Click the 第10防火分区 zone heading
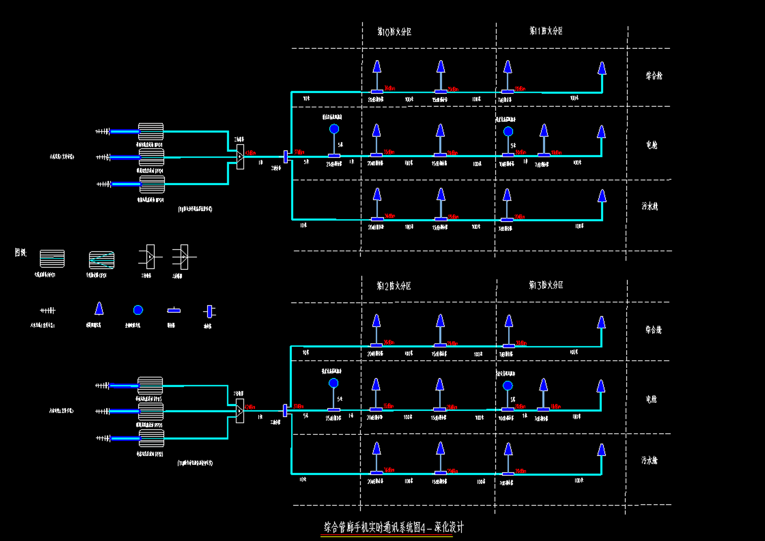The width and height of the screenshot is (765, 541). [x=394, y=32]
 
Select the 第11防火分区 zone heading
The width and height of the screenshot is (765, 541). [x=546, y=31]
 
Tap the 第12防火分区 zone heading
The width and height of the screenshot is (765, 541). [x=394, y=286]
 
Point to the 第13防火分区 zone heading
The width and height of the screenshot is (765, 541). [x=546, y=285]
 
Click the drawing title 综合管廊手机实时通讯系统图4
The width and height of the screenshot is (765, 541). [x=394, y=527]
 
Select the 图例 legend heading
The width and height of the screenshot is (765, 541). [x=20, y=252]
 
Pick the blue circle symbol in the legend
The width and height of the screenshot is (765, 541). [x=138, y=310]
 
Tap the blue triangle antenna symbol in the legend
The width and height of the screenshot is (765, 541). [x=99, y=309]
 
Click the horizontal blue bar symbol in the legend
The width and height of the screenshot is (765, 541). [x=174, y=310]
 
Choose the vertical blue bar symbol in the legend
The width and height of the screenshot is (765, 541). [x=209, y=311]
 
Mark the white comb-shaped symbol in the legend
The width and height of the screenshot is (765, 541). [x=47, y=310]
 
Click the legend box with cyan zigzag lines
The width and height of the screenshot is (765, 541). [x=102, y=260]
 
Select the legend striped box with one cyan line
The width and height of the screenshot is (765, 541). [x=52, y=258]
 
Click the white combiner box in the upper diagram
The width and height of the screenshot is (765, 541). [x=240, y=157]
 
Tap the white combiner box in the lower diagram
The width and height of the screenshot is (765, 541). [x=240, y=411]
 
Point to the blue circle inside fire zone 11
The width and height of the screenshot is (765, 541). [x=508, y=132]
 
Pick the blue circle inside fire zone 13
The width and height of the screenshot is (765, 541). [x=508, y=386]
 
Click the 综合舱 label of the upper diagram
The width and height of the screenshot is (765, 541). [x=654, y=76]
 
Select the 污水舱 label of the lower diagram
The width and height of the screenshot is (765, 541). [x=649, y=460]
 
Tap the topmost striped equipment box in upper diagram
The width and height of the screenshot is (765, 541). [x=151, y=132]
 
